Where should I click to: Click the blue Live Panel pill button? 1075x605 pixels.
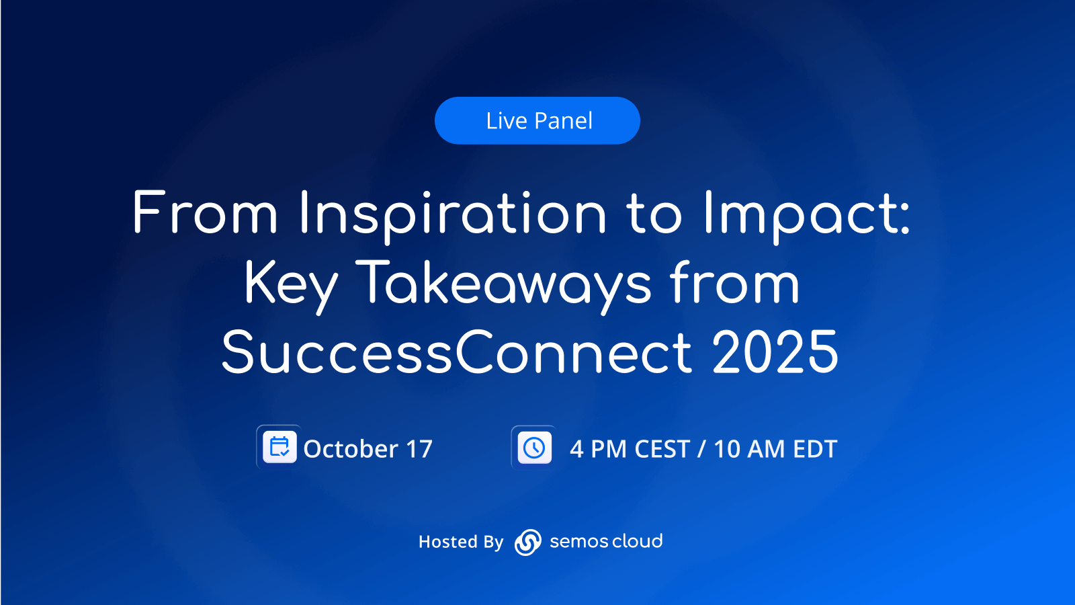(x=537, y=120)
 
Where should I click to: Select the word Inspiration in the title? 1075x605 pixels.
(x=453, y=216)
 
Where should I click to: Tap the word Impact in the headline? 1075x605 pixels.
(x=802, y=216)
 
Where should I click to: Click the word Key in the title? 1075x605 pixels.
(x=292, y=286)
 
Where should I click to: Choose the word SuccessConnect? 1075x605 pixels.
(x=456, y=352)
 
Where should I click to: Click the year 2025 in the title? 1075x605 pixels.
(x=775, y=352)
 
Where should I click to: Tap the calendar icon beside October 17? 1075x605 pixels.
(x=279, y=447)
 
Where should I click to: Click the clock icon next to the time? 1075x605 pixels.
(x=534, y=448)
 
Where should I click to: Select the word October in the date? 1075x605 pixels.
(x=351, y=449)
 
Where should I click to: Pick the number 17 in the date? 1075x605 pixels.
(x=419, y=449)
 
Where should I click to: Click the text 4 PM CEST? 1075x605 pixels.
(x=630, y=449)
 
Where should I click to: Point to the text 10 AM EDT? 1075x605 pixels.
(x=775, y=449)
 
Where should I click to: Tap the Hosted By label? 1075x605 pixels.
(x=461, y=542)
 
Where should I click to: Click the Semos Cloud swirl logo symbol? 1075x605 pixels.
(x=528, y=542)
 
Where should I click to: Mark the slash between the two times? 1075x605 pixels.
(x=702, y=449)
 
